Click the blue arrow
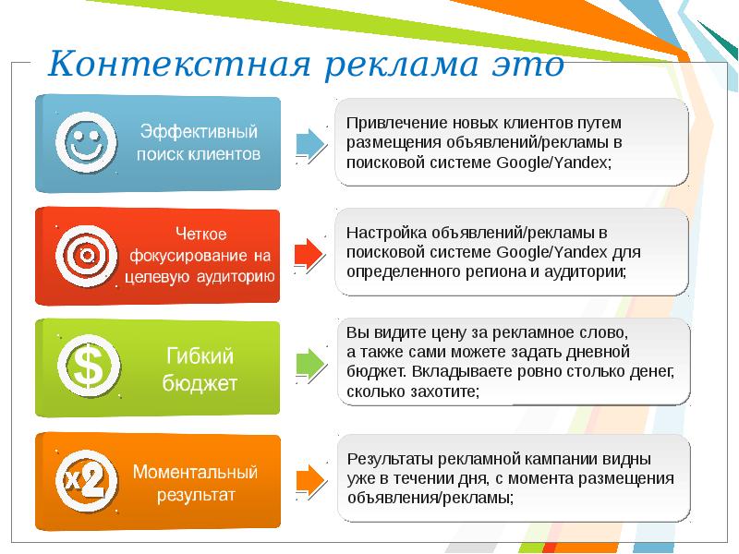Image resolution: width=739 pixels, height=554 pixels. [x=310, y=144]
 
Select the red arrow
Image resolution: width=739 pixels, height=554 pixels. [x=310, y=253]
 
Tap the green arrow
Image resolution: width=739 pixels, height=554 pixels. [x=310, y=364]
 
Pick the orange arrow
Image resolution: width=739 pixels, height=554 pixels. [x=310, y=477]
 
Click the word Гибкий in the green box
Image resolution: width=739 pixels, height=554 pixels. [x=200, y=355]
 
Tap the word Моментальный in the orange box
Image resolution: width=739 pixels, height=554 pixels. [x=195, y=472]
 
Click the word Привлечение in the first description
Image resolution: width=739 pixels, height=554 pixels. [x=388, y=123]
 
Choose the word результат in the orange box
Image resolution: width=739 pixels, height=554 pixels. [x=195, y=495]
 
